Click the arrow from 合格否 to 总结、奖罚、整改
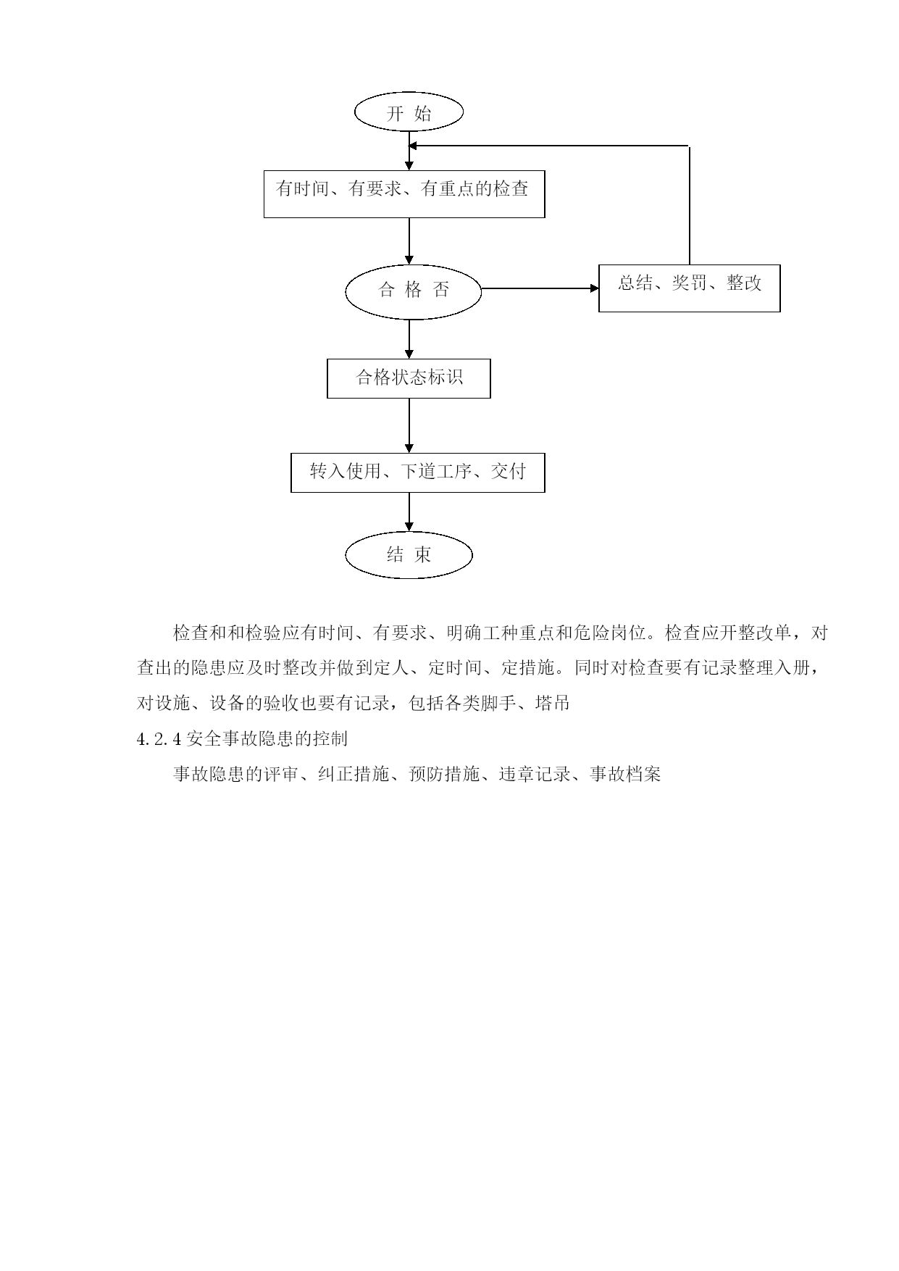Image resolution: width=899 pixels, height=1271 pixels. click(540, 288)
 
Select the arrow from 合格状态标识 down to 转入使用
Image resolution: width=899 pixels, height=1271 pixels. click(409, 425)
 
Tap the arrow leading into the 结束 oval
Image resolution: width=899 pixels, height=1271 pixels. click(409, 512)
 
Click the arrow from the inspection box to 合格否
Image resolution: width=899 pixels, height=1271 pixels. click(409, 241)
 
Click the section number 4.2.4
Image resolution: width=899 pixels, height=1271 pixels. click(159, 739)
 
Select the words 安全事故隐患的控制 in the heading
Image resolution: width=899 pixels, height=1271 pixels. click(267, 739)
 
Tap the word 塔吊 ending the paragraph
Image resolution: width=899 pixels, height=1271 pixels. click(552, 703)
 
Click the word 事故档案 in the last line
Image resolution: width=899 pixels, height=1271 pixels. click(626, 775)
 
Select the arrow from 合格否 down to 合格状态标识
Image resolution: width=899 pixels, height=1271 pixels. click(409, 339)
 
